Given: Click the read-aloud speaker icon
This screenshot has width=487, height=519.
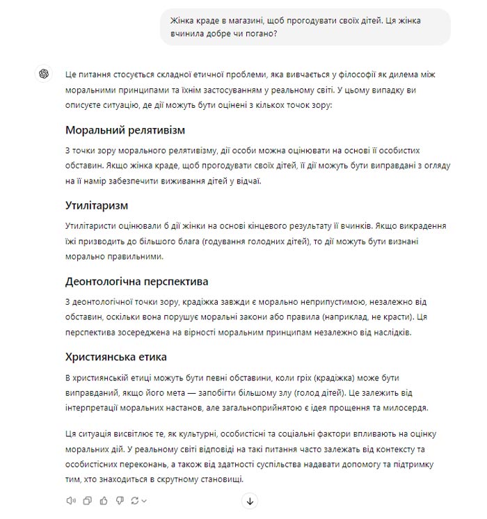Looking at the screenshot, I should (70, 500).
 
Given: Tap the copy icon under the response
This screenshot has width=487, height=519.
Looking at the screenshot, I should (87, 500).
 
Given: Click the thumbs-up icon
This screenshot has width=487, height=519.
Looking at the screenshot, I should (104, 500).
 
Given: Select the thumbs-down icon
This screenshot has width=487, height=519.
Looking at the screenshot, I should (120, 500).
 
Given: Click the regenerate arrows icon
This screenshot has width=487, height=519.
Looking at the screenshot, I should (136, 500).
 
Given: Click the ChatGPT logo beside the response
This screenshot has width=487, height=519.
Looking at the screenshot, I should (44, 74).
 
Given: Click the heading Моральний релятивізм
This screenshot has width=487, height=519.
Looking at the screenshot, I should (125, 130).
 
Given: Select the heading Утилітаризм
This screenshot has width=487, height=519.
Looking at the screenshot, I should (97, 206).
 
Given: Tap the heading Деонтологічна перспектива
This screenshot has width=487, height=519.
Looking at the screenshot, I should (136, 282).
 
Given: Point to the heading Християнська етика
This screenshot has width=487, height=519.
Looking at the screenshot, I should (115, 358).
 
